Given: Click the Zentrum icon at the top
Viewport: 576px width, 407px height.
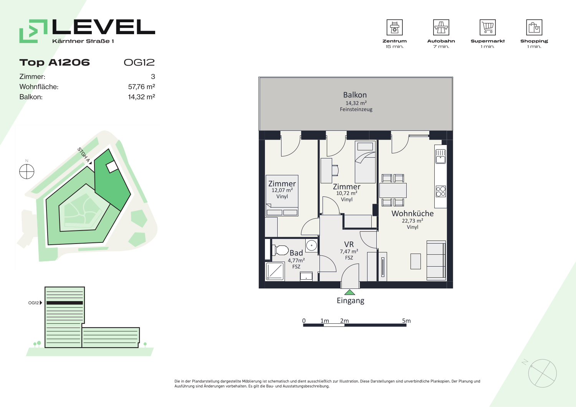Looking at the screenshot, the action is coord(394,27).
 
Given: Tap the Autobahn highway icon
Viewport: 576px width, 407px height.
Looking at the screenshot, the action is coord(441,27).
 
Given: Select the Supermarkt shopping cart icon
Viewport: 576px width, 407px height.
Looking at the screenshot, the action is coord(488,27).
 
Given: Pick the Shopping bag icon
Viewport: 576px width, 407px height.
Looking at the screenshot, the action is coord(534,27).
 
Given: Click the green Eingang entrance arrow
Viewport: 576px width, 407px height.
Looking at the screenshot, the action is coord(349,292).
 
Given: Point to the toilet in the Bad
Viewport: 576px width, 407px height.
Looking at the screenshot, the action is coord(280,250).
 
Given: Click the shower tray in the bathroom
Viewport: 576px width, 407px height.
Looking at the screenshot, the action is coord(275,271).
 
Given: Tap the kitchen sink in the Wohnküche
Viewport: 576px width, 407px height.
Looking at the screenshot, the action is coord(440,157).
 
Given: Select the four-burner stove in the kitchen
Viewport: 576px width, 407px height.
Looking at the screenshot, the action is coord(440,191).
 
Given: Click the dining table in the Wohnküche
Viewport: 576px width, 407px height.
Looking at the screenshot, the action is coord(393,190).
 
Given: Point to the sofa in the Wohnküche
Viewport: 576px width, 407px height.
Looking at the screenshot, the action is coord(436,260).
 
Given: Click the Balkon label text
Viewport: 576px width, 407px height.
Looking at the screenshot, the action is coord(355,95).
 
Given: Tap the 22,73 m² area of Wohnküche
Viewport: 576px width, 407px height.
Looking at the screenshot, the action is coord(412,221).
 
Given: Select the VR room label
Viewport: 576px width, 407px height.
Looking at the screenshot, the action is coord(349,244).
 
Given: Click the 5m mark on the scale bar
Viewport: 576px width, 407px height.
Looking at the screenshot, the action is coord(406,321).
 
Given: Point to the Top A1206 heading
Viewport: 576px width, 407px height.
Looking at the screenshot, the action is coord(55,63).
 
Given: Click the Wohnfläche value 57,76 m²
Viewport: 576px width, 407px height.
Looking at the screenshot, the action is coord(141,87).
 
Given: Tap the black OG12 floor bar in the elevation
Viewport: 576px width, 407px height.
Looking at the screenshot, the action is coord(65,303).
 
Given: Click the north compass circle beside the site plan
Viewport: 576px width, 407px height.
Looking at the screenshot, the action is coord(27,171).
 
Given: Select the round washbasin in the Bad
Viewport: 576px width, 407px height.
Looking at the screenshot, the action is coord(311,246).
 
